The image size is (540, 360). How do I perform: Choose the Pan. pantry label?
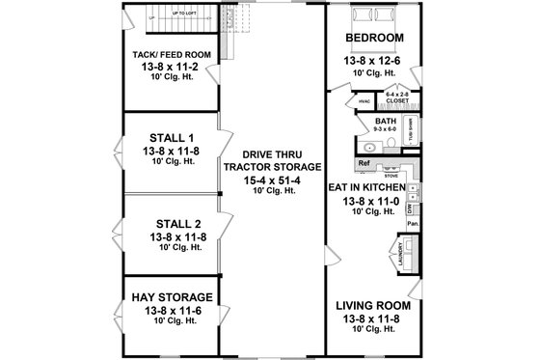pos(412,223)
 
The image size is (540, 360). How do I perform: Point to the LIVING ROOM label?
pos(372,305)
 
